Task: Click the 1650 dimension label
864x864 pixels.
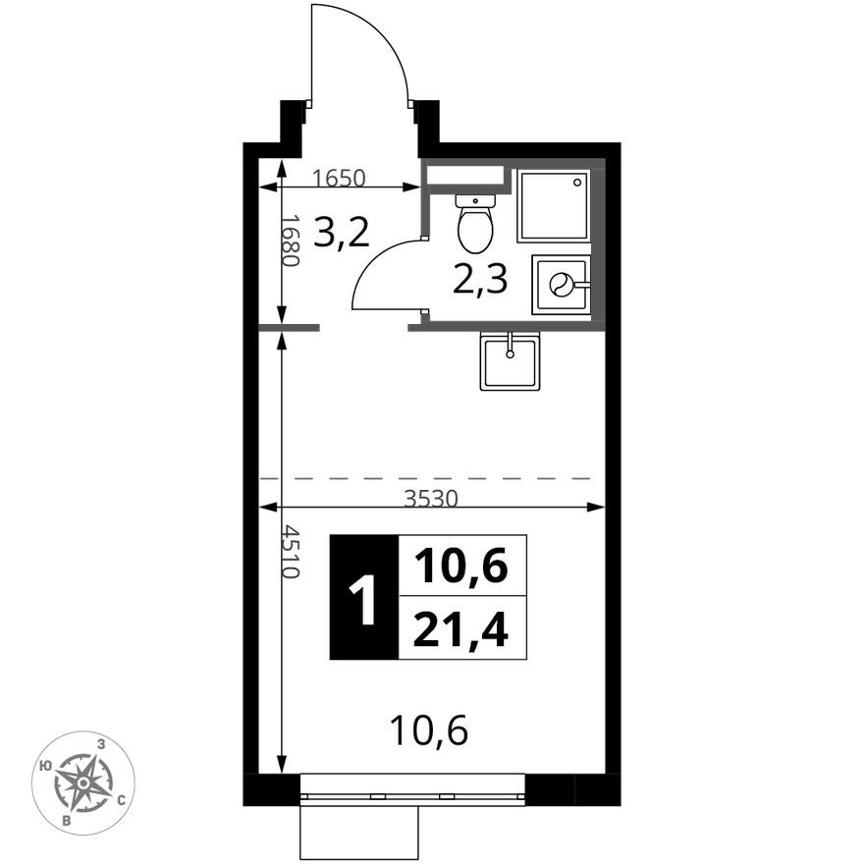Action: tap(339, 178)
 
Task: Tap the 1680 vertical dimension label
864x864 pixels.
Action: tap(291, 241)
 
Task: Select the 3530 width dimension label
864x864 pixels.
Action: tap(431, 499)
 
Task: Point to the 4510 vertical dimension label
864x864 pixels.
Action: tap(291, 551)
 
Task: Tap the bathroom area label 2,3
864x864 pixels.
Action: tap(479, 280)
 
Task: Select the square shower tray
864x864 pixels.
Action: tap(554, 205)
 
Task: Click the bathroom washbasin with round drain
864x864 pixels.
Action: tap(561, 285)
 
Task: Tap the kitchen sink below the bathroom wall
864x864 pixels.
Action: tap(510, 361)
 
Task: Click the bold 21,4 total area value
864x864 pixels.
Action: tap(460, 629)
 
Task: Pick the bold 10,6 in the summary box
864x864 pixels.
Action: tap(460, 566)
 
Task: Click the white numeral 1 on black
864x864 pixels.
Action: tap(363, 598)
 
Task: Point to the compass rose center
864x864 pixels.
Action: tap(83, 783)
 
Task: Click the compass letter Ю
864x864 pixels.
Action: tap(46, 766)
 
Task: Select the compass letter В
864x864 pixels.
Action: tap(67, 821)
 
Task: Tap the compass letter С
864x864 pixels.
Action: tap(124, 799)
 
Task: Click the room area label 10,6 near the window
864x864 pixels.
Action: tap(429, 730)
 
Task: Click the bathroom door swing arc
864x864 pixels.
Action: tap(375, 267)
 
